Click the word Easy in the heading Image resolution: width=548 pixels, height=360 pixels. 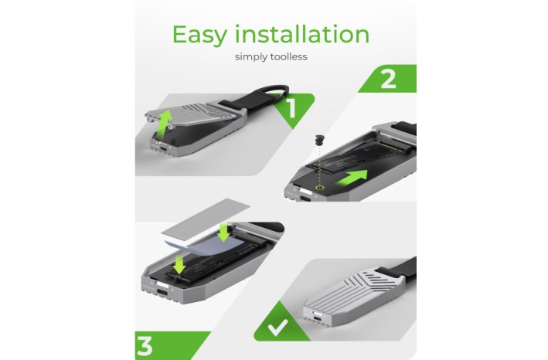[x=199, y=36]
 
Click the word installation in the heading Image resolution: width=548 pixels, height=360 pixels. [x=302, y=34]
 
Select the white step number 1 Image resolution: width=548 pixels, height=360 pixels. [x=291, y=108]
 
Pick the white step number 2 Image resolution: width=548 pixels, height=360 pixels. [x=388, y=80]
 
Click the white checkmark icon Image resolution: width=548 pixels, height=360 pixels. [x=277, y=328]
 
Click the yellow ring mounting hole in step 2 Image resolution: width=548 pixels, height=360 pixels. [x=318, y=188]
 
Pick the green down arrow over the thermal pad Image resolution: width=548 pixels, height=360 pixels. [x=223, y=233]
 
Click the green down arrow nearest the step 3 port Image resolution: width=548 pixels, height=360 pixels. [x=179, y=263]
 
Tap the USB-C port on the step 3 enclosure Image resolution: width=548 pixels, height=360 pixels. [x=162, y=293]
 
